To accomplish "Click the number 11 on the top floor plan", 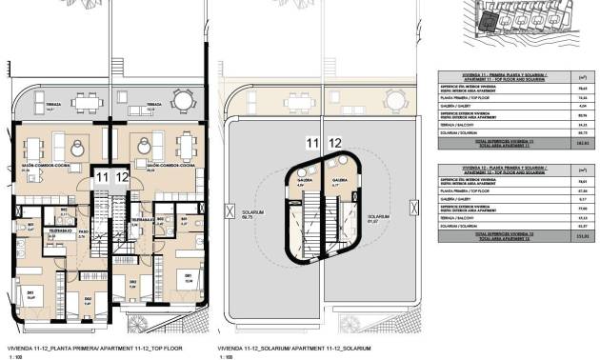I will (102, 176).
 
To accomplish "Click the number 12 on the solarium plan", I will (335, 143).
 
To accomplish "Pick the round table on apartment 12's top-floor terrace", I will (182, 98).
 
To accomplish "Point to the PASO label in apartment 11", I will (84, 231).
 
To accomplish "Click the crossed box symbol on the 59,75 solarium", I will (228, 209).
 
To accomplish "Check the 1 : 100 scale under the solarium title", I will (226, 357).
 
